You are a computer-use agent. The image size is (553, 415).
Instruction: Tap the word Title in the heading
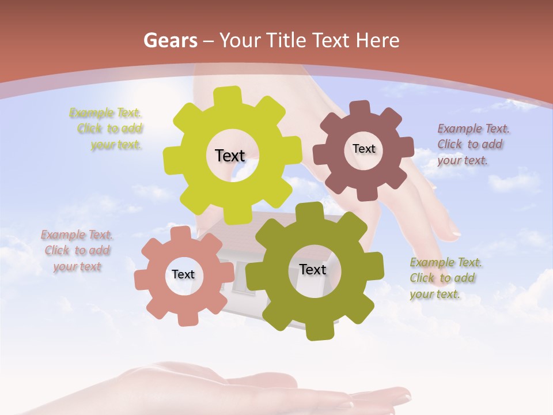point(286,40)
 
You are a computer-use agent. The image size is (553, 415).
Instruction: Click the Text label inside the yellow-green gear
point(230,156)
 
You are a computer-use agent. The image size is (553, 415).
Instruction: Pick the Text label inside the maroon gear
point(363,149)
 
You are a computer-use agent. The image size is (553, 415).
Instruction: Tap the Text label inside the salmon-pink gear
point(183,274)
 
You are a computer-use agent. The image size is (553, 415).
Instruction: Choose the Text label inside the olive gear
point(312,269)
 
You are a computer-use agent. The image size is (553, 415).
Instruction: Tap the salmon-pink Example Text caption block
point(77,251)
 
